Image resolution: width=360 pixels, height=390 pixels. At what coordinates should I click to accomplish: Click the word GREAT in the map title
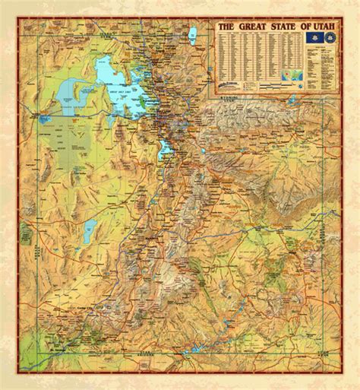[x=252, y=27]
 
